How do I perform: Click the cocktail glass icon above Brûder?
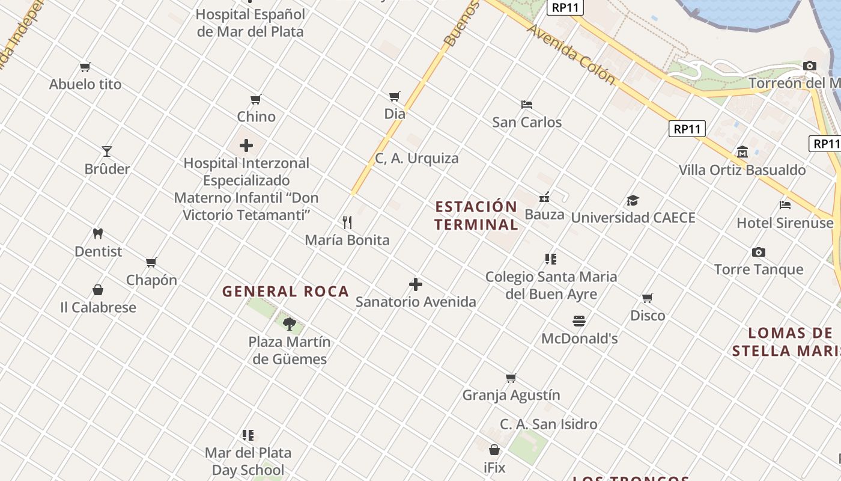[x=107, y=151]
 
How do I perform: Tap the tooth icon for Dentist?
[x=98, y=233]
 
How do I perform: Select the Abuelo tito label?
[x=85, y=84]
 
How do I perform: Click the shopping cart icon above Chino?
[x=256, y=99]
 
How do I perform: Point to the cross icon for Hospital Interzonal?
[x=246, y=146]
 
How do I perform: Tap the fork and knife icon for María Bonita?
[x=347, y=222]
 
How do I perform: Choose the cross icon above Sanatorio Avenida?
[x=415, y=284]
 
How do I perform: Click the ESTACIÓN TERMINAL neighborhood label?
[x=476, y=216]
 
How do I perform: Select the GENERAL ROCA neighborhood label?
[x=285, y=292]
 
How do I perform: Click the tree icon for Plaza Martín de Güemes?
[x=289, y=324]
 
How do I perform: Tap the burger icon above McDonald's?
[x=579, y=321]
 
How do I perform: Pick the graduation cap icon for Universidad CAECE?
[x=633, y=200]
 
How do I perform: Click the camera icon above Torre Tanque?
[x=759, y=252]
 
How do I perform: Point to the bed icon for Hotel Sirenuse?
[x=785, y=205]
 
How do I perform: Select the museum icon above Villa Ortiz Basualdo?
[x=742, y=152]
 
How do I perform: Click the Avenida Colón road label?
[x=571, y=55]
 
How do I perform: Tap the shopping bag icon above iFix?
[x=494, y=450]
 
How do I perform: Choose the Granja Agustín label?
[x=511, y=395]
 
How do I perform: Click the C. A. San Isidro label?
[x=548, y=424]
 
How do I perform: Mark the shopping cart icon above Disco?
[x=648, y=298]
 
